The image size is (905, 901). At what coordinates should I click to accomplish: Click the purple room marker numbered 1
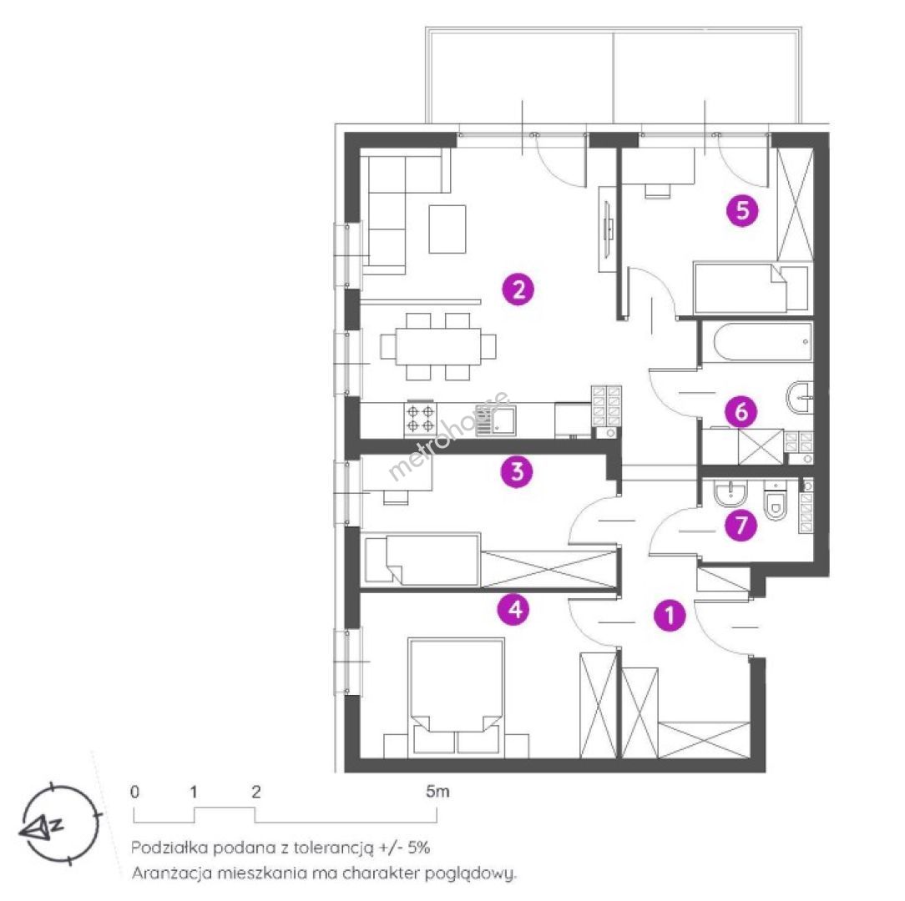670,615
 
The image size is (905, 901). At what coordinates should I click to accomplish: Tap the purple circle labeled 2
518,289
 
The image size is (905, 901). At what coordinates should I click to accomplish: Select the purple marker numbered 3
517,471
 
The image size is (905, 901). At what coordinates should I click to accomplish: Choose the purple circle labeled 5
742,210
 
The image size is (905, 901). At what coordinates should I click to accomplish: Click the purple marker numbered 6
741,411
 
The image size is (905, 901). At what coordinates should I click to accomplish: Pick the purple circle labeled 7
741,525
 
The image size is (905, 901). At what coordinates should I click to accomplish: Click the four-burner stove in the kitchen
420,418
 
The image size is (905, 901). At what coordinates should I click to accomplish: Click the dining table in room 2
438,345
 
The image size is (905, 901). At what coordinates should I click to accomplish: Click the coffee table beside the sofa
447,229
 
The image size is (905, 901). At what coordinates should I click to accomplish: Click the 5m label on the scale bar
437,792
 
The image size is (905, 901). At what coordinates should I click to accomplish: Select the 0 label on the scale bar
134,792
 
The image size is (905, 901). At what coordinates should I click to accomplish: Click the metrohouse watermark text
449,436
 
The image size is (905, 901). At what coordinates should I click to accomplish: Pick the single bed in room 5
751,288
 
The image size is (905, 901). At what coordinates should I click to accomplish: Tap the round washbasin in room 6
800,397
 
